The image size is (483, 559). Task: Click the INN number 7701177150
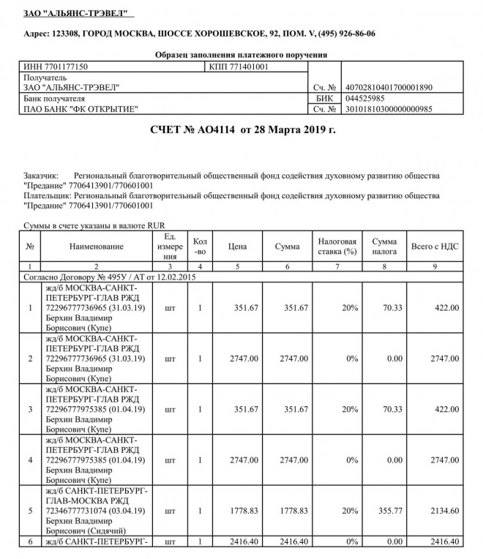click(x=56, y=67)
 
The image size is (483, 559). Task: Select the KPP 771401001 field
click(x=239, y=67)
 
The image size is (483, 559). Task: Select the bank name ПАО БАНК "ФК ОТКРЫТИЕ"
click(x=80, y=109)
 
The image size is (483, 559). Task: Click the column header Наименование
click(x=97, y=247)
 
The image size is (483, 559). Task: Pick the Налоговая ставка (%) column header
click(x=337, y=247)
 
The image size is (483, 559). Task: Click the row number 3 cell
click(x=30, y=409)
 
